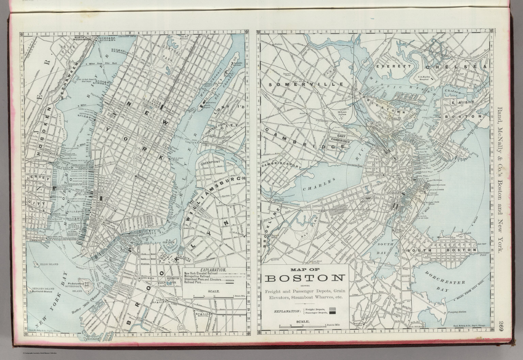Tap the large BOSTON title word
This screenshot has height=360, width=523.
click(x=304, y=278)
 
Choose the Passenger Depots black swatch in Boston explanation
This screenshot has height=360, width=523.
click(x=333, y=312)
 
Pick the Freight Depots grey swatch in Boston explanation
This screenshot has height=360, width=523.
click(x=333, y=309)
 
